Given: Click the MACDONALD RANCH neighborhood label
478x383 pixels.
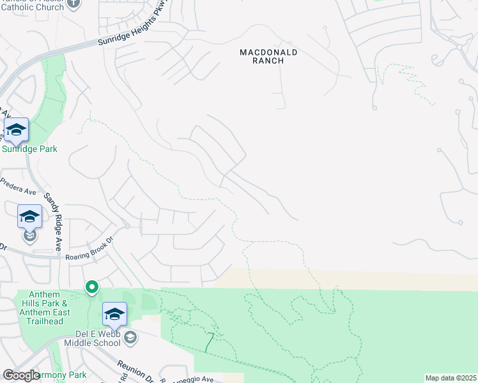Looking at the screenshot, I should [268, 57].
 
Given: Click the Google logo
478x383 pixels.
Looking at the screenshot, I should [21, 375].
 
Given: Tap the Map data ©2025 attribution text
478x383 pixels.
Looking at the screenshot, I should [451, 378].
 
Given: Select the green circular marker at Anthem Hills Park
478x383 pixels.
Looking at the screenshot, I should [92, 288].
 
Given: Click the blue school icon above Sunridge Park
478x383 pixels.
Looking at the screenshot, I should [16, 131].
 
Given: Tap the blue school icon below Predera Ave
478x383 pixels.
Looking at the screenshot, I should [29, 217].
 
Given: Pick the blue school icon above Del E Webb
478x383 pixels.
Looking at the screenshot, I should [114, 315].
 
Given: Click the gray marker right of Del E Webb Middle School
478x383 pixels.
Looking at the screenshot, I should [130, 337].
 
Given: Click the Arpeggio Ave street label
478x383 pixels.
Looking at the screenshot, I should [191, 379].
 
